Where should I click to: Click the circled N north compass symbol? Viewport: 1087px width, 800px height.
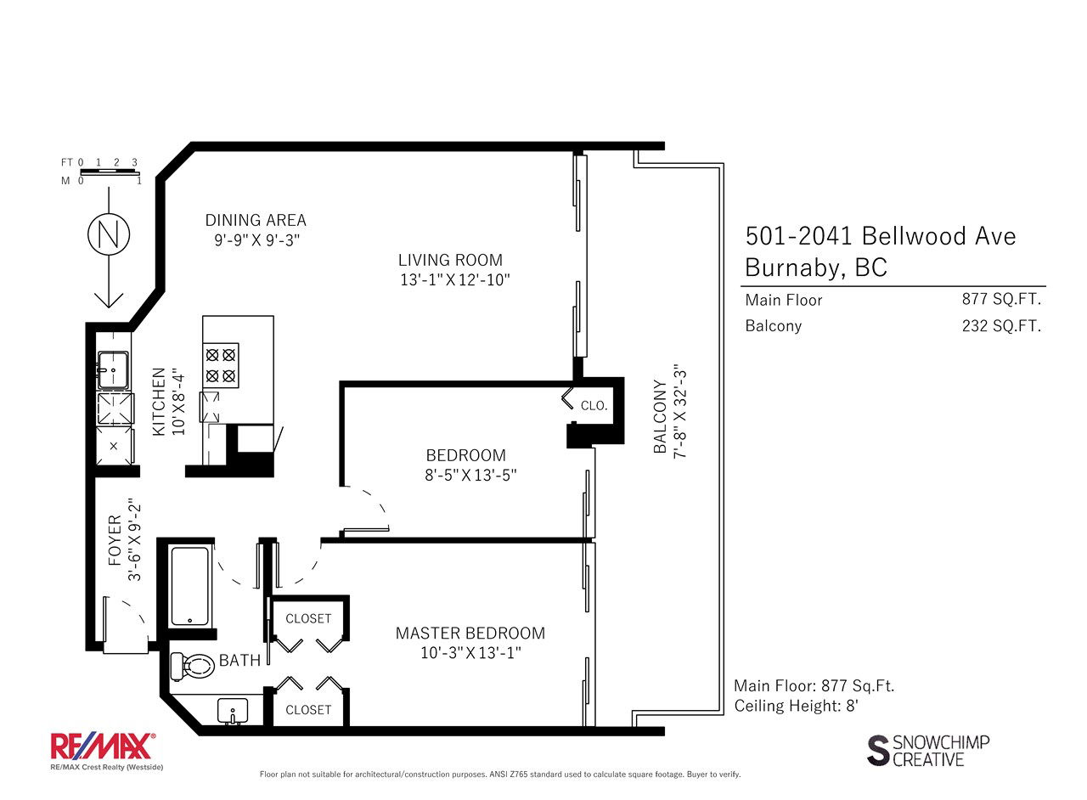[x=109, y=235]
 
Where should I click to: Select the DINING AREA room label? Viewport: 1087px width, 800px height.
[x=256, y=221]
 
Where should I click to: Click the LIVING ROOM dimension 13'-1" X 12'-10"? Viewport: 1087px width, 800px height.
[x=454, y=280]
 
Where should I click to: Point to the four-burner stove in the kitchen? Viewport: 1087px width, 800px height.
[x=221, y=365]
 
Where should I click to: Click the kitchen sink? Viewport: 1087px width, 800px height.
[x=114, y=370]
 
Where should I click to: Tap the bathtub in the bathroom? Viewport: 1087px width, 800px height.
[x=190, y=586]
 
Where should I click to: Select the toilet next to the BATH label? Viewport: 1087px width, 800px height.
[x=193, y=666]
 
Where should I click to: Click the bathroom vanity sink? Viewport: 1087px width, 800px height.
[x=233, y=711]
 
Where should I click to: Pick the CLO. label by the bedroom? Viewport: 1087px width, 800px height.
[x=594, y=405]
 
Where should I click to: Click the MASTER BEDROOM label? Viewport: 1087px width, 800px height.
[x=470, y=633]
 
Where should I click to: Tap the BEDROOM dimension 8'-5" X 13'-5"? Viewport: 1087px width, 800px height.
[x=470, y=475]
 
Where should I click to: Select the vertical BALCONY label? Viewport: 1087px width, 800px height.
[x=660, y=416]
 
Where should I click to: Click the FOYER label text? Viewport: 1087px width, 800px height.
[x=115, y=540]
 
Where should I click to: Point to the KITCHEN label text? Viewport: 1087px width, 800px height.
[x=159, y=402]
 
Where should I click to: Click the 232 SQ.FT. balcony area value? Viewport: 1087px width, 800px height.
[x=1001, y=326]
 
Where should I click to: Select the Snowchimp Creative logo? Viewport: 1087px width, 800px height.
[x=928, y=751]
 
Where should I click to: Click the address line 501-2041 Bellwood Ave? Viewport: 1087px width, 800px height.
[x=881, y=236]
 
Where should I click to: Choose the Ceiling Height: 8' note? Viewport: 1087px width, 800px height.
[x=797, y=706]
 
